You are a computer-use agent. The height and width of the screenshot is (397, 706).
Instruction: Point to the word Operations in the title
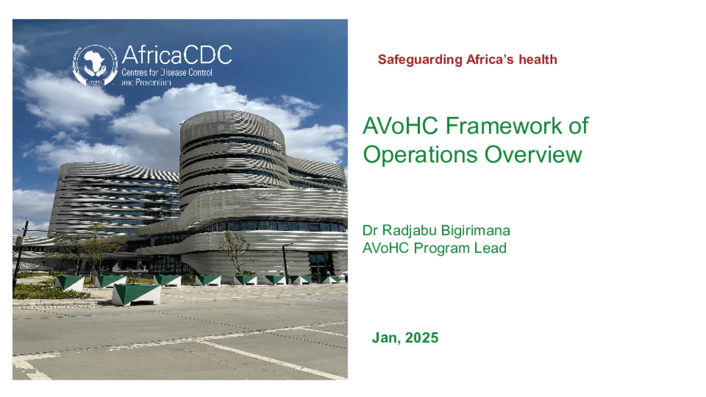coord(420,155)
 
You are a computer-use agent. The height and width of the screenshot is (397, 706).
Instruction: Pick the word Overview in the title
coord(534,154)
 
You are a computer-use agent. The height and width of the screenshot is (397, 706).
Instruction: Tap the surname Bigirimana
coord(476,231)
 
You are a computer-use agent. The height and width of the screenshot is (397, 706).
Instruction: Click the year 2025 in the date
coord(421,338)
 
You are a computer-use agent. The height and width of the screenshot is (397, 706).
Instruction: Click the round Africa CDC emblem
coord(95,65)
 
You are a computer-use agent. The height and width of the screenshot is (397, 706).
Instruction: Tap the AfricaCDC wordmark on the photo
coord(177,55)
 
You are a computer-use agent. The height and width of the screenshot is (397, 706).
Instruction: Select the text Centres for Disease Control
coord(167,72)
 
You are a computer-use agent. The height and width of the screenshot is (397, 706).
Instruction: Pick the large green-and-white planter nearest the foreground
coord(136,294)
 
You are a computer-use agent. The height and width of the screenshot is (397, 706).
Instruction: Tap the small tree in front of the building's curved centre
coord(236,252)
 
